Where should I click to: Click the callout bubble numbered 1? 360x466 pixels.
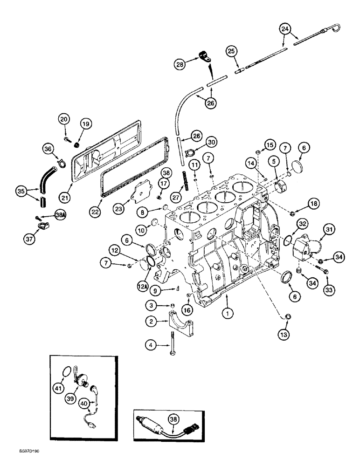point(227,315)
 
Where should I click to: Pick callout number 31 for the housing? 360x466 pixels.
point(329,228)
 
